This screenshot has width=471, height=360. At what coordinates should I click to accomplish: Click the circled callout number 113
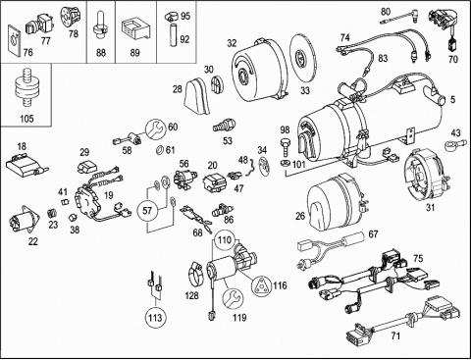coord(154,318)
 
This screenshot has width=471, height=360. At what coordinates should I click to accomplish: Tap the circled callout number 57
coord(147,210)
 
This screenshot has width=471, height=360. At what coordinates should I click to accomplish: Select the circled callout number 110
coord(225,240)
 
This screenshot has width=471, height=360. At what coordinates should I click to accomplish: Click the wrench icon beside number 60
coord(155,129)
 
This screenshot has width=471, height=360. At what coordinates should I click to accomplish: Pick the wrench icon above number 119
coord(233,298)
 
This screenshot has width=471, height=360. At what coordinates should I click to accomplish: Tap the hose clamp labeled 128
coord(196,275)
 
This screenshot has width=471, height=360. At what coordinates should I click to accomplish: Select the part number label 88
coord(101,52)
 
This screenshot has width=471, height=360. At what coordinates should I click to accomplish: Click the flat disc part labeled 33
coord(303,59)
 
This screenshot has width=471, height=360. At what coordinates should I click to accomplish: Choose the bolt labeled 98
coord(285,146)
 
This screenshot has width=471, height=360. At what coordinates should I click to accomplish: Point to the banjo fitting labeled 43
coord(452,144)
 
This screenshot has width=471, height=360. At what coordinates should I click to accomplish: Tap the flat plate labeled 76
coord(15,39)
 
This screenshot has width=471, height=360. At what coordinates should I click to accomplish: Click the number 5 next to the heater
coord(452,100)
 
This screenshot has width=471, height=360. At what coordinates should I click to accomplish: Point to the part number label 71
coord(395,336)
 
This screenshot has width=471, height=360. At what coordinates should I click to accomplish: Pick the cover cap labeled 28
coord(197,95)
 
